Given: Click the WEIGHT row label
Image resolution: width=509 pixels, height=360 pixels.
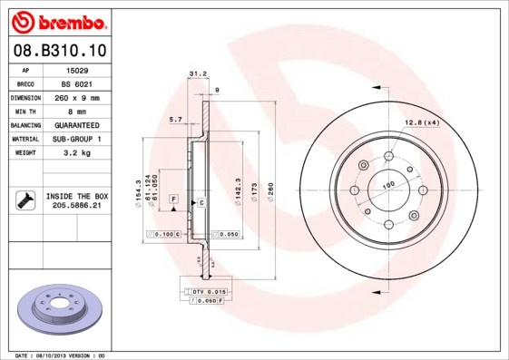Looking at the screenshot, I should tap(25, 152).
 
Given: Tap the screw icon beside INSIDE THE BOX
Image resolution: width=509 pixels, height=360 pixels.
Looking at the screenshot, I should tap(24, 199).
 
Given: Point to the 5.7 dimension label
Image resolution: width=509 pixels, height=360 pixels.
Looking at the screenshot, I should tap(176, 119).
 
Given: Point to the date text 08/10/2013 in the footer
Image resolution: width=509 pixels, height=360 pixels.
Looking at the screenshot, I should tap(56, 355).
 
